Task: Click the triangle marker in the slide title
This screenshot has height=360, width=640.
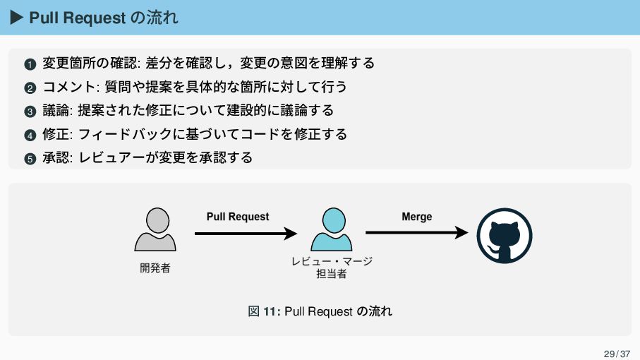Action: pyautogui.click(x=17, y=18)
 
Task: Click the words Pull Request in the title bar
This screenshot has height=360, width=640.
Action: pyautogui.click(x=77, y=18)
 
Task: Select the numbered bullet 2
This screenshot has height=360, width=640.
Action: pyautogui.click(x=29, y=88)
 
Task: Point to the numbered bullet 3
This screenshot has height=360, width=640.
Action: pyautogui.click(x=29, y=112)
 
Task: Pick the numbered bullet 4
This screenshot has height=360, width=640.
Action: pyautogui.click(x=29, y=135)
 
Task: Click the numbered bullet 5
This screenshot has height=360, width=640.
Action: pyautogui.click(x=29, y=158)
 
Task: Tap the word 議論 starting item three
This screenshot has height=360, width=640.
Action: pyautogui.click(x=56, y=110)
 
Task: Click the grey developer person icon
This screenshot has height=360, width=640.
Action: pyautogui.click(x=155, y=229)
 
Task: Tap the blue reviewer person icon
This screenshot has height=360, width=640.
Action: pyautogui.click(x=332, y=229)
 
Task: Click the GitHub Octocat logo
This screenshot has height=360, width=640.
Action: pyautogui.click(x=504, y=236)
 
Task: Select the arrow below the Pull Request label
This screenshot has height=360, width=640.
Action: pyautogui.click(x=246, y=233)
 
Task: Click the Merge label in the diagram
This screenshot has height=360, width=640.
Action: pyautogui.click(x=416, y=217)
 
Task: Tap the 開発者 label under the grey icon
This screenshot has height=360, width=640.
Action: pyautogui.click(x=155, y=268)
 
